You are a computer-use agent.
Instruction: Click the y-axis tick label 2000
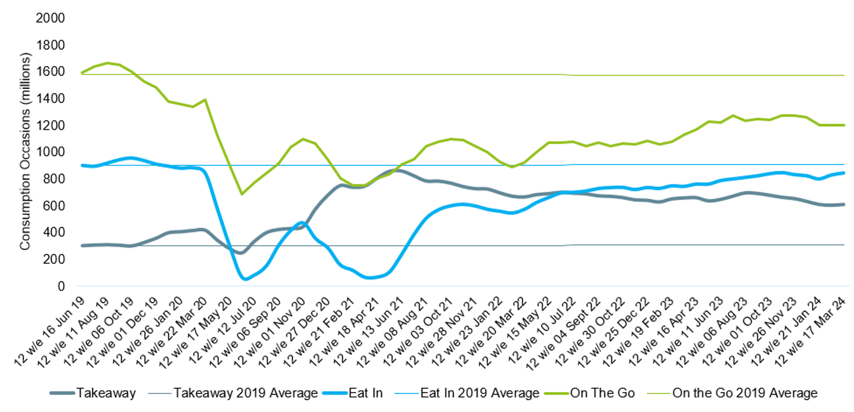51,18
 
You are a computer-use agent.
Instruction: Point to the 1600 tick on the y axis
51,72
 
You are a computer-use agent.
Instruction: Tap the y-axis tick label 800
55,179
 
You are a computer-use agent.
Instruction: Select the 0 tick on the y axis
61,286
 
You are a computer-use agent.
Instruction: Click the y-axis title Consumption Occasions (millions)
25,152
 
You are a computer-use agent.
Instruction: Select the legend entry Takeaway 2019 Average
245,393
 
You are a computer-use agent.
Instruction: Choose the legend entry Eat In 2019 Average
479,393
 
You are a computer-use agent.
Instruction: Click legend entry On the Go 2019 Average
745,393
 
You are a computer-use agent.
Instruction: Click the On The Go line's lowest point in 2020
241,193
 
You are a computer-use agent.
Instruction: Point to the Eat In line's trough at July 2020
244,279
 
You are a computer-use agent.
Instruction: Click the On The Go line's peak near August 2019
108,62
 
